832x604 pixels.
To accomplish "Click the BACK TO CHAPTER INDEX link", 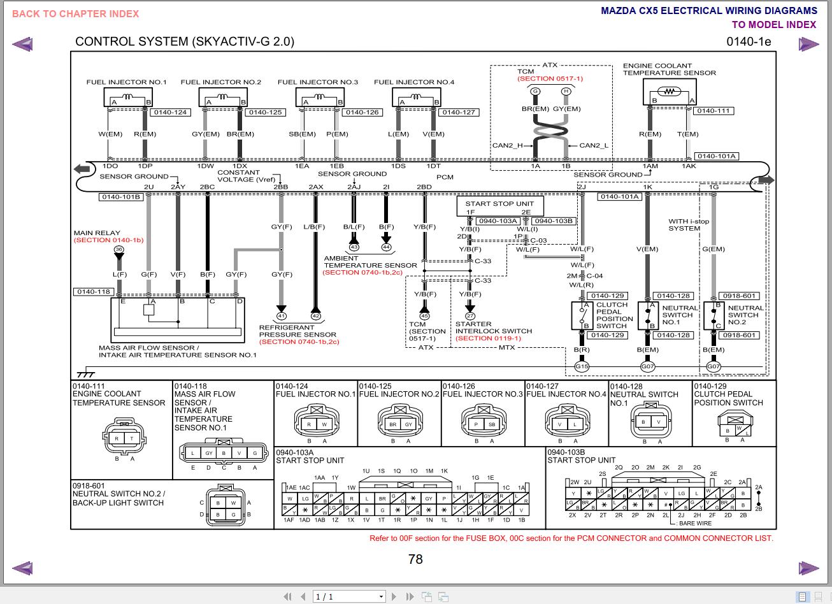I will (x=75, y=13).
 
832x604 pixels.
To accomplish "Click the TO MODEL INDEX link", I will (x=773, y=25).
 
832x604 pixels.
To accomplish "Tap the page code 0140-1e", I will (x=748, y=42).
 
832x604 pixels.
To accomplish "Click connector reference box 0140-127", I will (x=459, y=112).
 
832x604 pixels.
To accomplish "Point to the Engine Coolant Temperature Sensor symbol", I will (x=669, y=92).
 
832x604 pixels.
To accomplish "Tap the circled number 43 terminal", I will (x=354, y=247).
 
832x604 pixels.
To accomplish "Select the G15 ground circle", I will (x=582, y=366).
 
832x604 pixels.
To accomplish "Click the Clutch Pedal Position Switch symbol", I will (x=582, y=315).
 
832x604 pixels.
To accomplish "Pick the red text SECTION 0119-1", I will (x=489, y=338).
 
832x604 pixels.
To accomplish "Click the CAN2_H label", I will (x=507, y=145).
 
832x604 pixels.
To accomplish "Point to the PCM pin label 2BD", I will (x=424, y=187).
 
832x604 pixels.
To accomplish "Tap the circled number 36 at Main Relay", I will (x=118, y=250).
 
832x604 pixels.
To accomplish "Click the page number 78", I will (x=415, y=559).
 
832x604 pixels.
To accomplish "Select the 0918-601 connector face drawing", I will (x=226, y=508).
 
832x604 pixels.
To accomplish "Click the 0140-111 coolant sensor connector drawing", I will (x=124, y=436).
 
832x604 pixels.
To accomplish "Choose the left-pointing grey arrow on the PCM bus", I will (x=82, y=169).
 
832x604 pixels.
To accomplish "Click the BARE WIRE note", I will (x=695, y=523).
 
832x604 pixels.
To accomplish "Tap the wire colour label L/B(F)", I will (x=315, y=227).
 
